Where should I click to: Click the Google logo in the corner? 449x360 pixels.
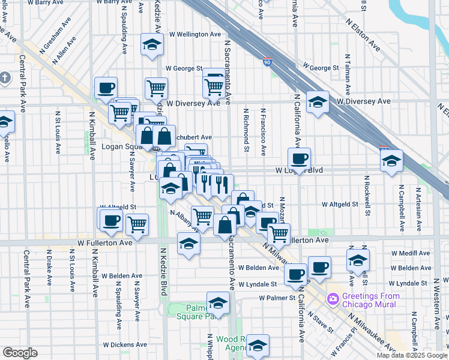click(20, 353)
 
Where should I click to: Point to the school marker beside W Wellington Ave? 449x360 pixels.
click(152, 44)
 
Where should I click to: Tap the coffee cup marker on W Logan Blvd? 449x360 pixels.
click(299, 159)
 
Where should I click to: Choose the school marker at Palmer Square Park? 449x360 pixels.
click(218, 302)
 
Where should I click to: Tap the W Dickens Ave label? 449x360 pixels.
click(125, 345)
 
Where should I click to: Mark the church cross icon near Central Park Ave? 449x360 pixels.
click(5, 78)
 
